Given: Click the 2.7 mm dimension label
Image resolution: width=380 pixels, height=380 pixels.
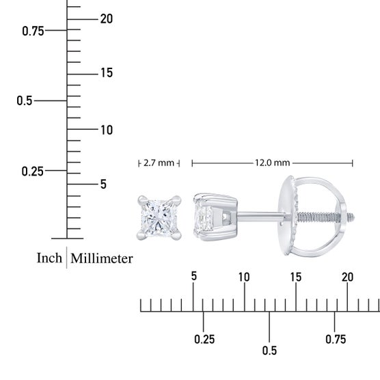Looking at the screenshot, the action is pyautogui.click(x=159, y=163).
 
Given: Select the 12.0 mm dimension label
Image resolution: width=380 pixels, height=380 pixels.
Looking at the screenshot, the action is pyautogui.click(x=273, y=163).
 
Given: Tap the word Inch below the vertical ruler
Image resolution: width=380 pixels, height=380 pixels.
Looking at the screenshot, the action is pyautogui.click(x=49, y=258).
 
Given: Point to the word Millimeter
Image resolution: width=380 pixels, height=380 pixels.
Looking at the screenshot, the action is pyautogui.click(x=102, y=258).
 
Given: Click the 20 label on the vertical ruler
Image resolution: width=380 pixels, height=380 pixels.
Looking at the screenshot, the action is pyautogui.click(x=107, y=19).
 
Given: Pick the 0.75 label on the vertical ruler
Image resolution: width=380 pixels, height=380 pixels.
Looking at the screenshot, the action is pyautogui.click(x=33, y=31).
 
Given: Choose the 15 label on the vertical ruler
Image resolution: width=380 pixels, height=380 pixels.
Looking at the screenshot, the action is pyautogui.click(x=107, y=72).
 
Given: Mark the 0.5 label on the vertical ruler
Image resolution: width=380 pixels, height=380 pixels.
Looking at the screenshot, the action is pyautogui.click(x=25, y=100).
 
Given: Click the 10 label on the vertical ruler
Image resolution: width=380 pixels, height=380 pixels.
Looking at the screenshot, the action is pyautogui.click(x=107, y=130).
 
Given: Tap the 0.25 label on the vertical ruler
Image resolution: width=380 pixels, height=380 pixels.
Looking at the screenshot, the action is pyautogui.click(x=33, y=172).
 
